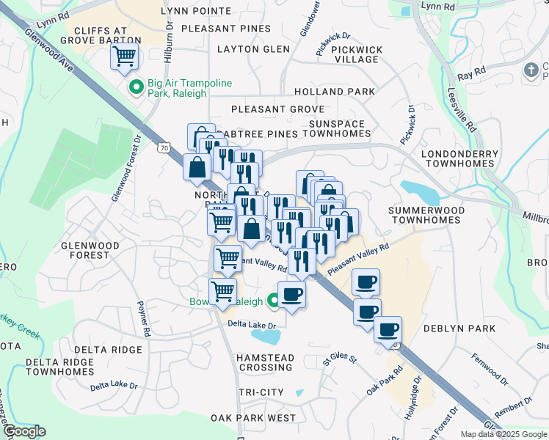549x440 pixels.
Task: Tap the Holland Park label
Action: (x=334, y=92)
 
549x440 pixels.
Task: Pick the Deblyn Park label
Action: (x=465, y=329)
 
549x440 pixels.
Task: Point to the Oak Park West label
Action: (x=252, y=418)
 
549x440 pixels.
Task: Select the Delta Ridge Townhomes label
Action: (x=59, y=367)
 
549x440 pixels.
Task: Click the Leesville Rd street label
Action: (x=460, y=110)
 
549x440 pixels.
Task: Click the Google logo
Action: (x=23, y=432)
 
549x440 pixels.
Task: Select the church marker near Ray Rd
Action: (x=531, y=70)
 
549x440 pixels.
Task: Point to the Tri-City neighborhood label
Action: (x=261, y=392)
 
